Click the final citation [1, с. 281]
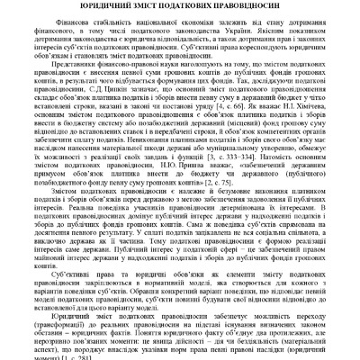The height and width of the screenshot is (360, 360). (x=72, y=358)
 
